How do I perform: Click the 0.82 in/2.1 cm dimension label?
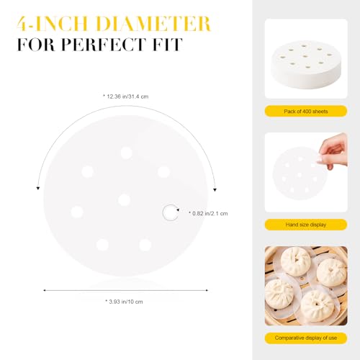[209, 213]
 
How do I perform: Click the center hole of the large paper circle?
[124, 199]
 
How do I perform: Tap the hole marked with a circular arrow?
[170, 212]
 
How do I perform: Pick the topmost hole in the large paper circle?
[126, 153]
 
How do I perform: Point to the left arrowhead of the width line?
[45, 289]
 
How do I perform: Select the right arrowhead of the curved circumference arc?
[214, 189]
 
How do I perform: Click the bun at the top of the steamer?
[297, 261]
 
